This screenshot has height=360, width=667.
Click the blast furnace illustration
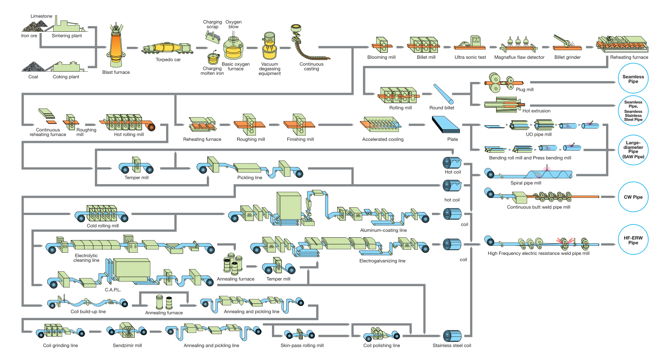116,45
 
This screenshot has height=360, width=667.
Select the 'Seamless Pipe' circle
633,79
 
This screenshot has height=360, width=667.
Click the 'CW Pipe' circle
633,197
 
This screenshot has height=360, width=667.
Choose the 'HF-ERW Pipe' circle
633,240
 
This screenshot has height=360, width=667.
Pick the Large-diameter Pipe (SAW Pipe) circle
633,150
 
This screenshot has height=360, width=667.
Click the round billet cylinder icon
443,94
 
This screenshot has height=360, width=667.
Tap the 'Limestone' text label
42,16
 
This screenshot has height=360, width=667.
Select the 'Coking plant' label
66,77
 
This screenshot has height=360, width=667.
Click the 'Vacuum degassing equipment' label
269,69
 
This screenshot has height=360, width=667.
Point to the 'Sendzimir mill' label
127,345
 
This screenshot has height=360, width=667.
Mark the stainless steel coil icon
452,336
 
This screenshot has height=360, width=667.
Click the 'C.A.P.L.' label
113,290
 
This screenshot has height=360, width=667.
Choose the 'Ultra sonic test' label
470,57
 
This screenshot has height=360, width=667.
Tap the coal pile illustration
32,66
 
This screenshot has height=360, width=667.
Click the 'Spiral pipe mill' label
525,183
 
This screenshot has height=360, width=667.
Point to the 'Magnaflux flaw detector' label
519,57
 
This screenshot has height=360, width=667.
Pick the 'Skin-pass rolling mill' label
302,345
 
